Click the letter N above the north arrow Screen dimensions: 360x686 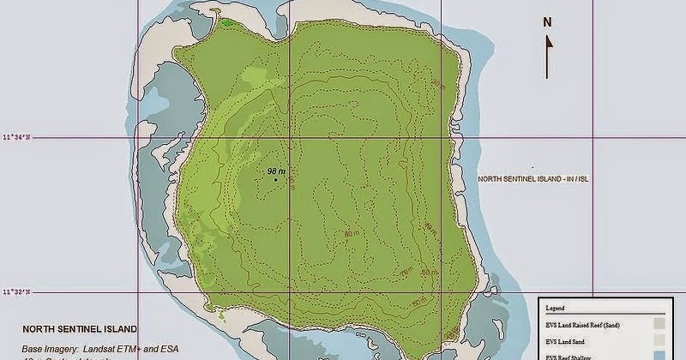(x=547, y=24)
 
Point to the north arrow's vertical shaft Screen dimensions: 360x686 (x=547, y=60)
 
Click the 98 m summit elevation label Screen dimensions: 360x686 (x=276, y=171)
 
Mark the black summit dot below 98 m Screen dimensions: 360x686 (x=275, y=179)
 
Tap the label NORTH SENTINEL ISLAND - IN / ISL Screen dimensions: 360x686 (x=534, y=179)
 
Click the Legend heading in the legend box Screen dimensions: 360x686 (x=557, y=307)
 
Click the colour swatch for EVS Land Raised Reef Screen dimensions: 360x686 (x=658, y=324)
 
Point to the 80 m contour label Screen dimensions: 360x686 (x=351, y=233)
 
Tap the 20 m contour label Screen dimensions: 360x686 (x=438, y=83)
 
